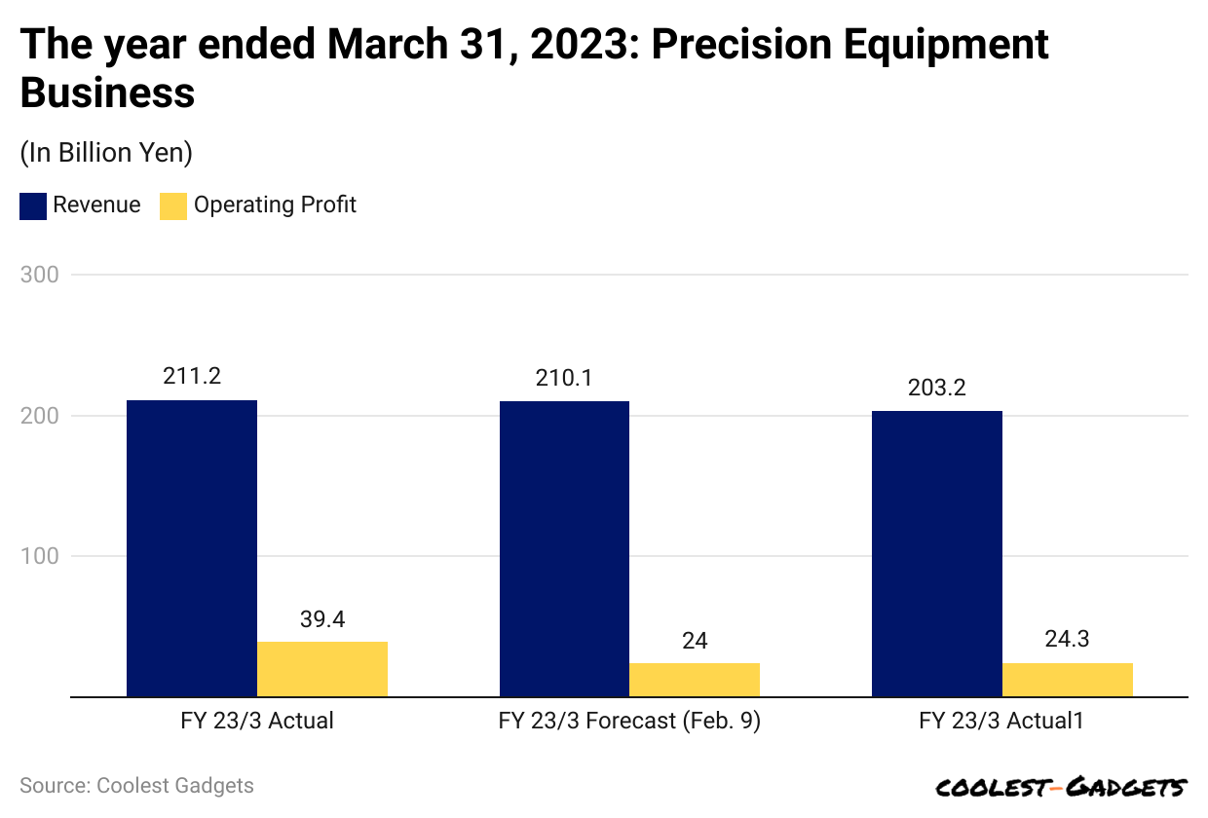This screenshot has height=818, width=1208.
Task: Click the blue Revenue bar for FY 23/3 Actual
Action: point(192,548)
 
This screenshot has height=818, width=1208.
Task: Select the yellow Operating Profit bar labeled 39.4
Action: point(322,669)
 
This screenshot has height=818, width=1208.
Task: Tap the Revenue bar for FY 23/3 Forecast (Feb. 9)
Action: point(564,549)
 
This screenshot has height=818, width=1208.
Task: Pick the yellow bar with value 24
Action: point(695,680)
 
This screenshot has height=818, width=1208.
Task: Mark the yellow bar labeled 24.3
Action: point(1068,680)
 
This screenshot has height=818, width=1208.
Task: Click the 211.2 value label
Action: point(192,377)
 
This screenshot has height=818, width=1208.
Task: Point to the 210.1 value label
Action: point(564,378)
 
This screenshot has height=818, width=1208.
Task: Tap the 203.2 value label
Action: point(937,388)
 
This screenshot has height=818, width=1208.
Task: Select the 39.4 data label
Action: point(322,619)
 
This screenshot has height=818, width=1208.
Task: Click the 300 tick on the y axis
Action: point(39,275)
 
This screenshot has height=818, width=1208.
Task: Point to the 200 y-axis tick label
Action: point(39,416)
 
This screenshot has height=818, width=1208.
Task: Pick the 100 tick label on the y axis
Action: point(39,556)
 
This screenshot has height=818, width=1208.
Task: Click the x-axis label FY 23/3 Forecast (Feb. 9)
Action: point(629,722)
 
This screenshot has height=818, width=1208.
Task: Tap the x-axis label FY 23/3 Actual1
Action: point(1001,722)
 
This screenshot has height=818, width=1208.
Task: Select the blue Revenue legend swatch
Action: point(33,205)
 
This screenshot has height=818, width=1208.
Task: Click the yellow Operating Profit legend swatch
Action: point(173,205)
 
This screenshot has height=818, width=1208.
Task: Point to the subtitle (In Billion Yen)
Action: point(106,153)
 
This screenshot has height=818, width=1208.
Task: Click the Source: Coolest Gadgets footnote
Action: point(136,786)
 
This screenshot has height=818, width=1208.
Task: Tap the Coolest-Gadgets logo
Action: point(1061,787)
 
